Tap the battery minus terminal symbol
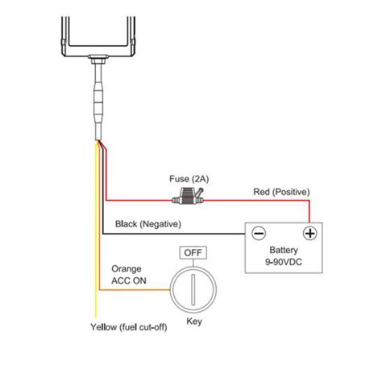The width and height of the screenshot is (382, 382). pos(258,234)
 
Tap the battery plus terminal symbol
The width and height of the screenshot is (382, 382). pos(308,234)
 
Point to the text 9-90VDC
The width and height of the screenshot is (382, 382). pos(283,264)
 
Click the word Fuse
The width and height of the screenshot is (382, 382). pos(179,178)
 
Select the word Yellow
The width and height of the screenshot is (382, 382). pos(105,328)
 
